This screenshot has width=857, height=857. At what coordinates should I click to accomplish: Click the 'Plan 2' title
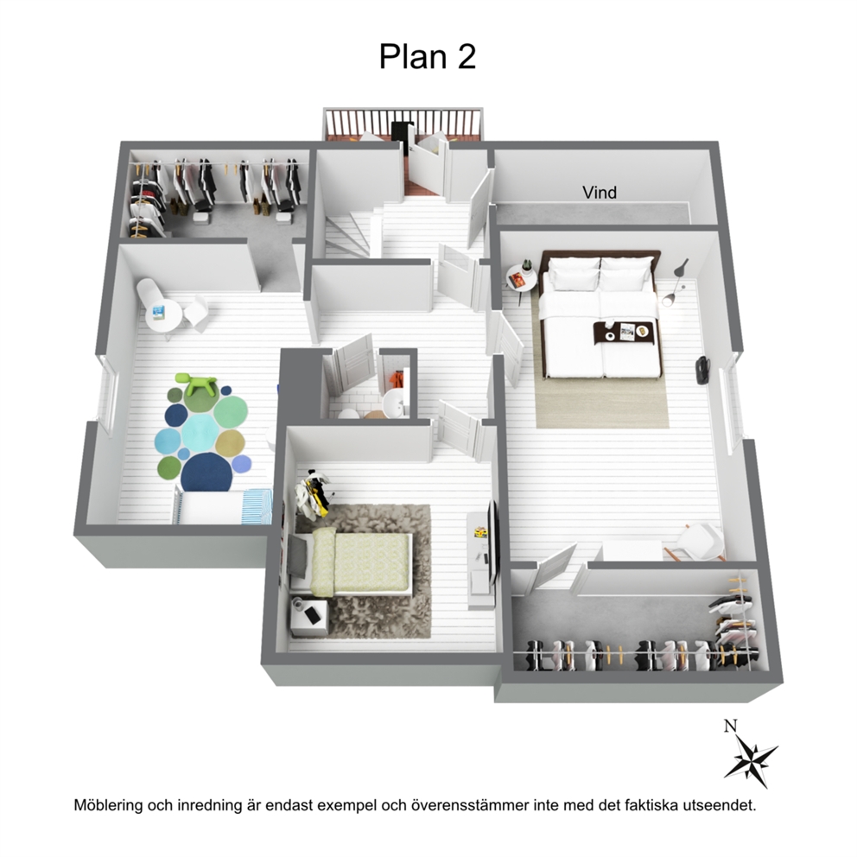(x=428, y=56)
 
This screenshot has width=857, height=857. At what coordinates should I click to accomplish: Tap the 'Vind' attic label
(x=600, y=193)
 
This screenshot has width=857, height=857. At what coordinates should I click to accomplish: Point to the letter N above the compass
(x=730, y=726)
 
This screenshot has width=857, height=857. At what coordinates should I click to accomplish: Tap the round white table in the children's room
(x=163, y=315)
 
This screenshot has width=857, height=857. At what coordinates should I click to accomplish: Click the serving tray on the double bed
(x=623, y=333)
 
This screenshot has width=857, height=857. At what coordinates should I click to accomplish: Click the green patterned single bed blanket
(x=361, y=563)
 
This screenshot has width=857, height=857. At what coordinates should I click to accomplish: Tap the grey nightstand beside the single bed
(x=308, y=617)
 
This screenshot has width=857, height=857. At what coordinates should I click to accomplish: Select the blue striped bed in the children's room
(x=223, y=506)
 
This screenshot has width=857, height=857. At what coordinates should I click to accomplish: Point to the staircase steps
(x=348, y=234)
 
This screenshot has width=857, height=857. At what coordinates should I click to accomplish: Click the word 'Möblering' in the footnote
(x=108, y=805)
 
